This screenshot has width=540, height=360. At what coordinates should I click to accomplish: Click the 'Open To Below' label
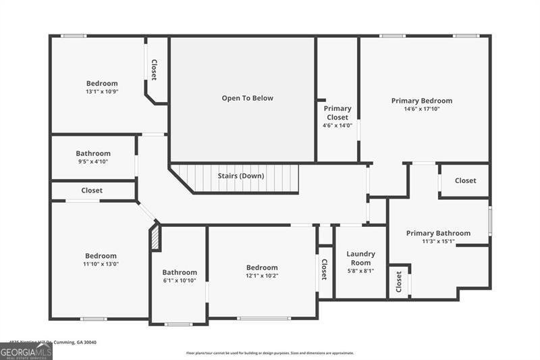pos(247,98)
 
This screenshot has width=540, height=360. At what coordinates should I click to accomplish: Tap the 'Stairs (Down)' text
pos(240,176)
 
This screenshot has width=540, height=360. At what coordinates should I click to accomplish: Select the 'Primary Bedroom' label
pos(421,101)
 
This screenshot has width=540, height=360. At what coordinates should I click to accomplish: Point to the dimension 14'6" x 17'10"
pos(421,109)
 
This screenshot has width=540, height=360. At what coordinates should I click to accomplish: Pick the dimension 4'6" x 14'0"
pos(337,125)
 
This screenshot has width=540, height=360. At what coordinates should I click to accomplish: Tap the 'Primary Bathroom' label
pos(438,233)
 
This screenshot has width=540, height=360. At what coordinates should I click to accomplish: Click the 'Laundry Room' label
pos(360,258)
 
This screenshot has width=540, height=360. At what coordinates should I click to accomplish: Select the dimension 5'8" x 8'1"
pos(360,271)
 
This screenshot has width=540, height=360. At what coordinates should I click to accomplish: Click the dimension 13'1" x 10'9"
pos(102,91)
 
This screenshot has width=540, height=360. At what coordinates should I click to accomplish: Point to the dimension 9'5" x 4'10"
pos(92,161)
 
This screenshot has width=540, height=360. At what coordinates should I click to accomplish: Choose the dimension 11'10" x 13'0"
pos(101,264)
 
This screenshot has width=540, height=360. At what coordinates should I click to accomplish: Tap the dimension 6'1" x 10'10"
pos(179,280)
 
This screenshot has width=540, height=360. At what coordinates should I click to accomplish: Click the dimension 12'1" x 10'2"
pos(261,276)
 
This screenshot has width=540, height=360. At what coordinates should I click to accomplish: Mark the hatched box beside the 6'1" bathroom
pos(155,238)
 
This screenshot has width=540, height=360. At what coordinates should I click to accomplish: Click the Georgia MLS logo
pos(26,351)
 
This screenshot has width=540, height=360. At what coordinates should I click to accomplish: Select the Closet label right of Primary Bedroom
pos(465,180)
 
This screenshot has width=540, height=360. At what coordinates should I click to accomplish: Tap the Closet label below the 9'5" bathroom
pos(92,190)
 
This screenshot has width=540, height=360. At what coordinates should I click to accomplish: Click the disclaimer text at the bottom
pos(270,353)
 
